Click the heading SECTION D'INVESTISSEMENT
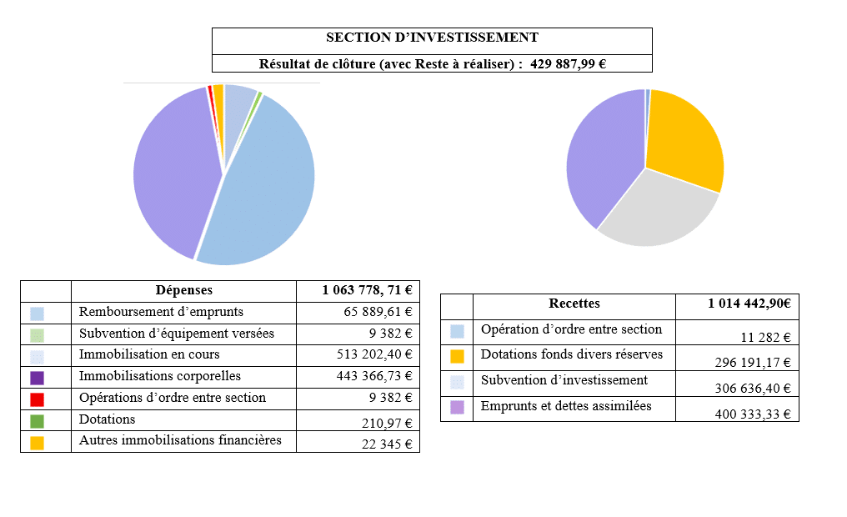432,38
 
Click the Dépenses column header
183,290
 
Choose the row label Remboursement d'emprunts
161,312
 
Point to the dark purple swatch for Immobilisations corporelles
37,378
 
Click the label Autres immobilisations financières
180,440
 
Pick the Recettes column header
574,304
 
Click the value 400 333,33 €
753,414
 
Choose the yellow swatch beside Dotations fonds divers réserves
457,356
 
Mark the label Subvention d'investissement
564,380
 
